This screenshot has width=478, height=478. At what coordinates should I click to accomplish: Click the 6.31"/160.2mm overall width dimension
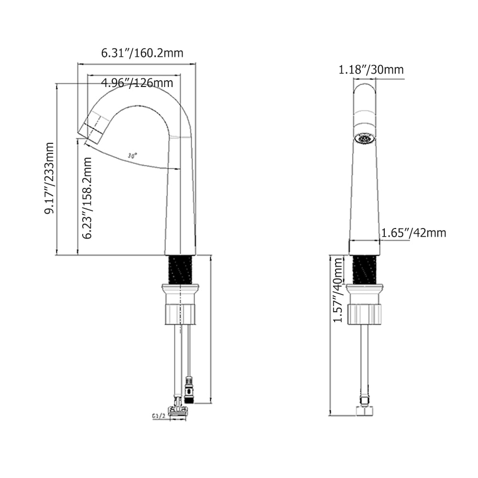142,53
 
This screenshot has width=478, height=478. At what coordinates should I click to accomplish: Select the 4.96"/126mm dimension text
137,83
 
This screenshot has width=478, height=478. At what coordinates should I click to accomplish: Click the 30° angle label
132,156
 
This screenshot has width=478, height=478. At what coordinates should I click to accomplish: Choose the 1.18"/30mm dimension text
371,70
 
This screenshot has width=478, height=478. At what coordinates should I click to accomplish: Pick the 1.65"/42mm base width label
413,233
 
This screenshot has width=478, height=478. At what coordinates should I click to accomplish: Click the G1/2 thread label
158,416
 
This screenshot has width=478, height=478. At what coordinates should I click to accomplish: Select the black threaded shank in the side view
181,270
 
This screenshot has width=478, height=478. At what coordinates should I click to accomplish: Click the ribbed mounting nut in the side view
181,313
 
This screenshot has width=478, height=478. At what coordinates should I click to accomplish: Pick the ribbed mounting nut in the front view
366,313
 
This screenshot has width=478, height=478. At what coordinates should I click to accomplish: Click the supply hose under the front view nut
365,358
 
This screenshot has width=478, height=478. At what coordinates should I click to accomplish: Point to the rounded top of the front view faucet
365,91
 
